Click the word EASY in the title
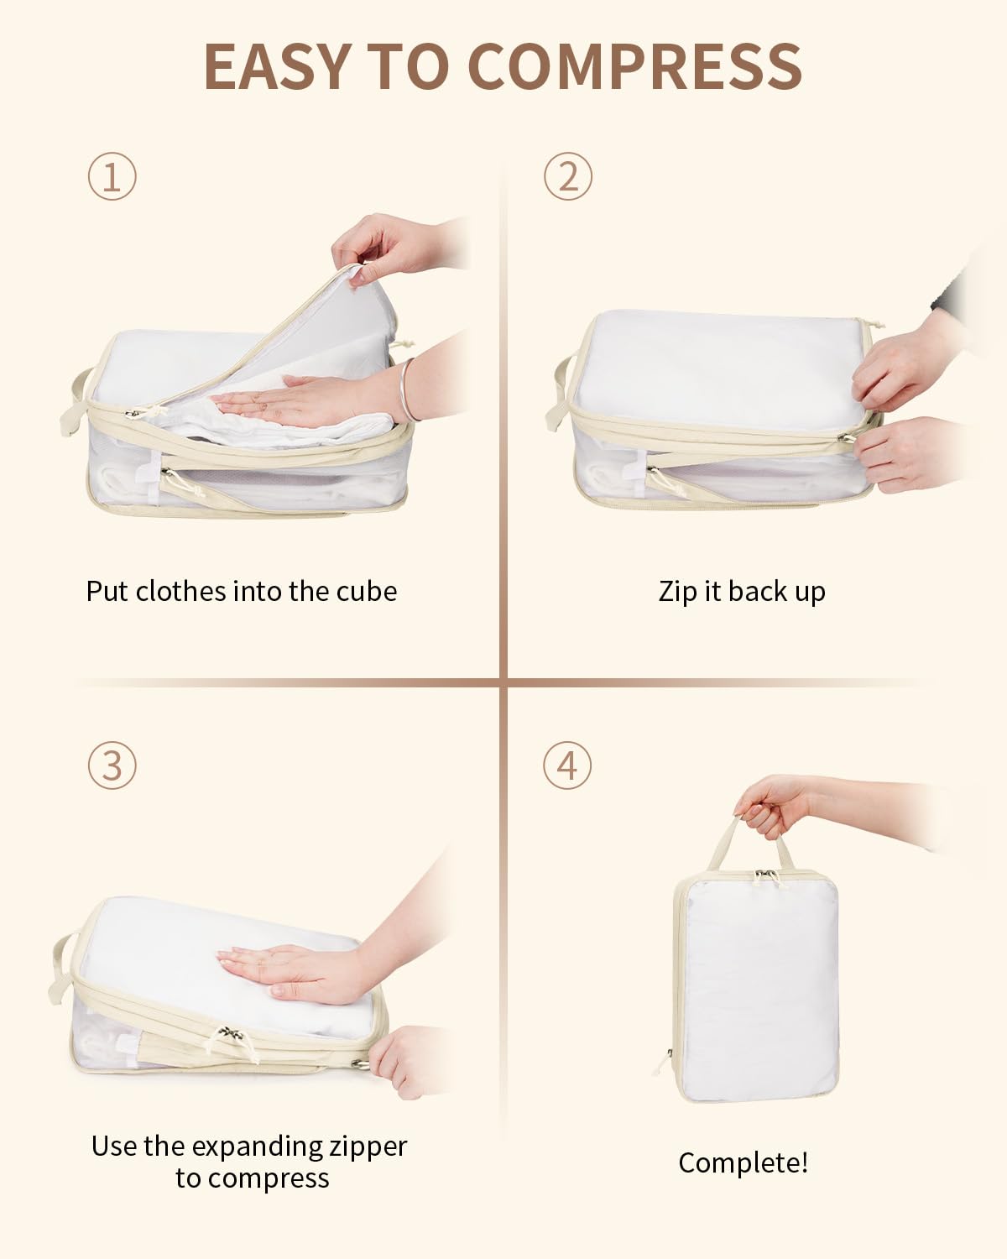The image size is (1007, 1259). point(276,66)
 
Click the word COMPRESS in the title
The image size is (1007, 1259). point(634,66)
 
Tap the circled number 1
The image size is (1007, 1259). point(112,176)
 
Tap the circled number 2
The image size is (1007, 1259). point(567,176)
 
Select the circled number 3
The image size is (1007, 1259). point(112,765)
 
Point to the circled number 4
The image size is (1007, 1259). point(567,765)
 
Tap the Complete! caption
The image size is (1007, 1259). point(743,1163)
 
